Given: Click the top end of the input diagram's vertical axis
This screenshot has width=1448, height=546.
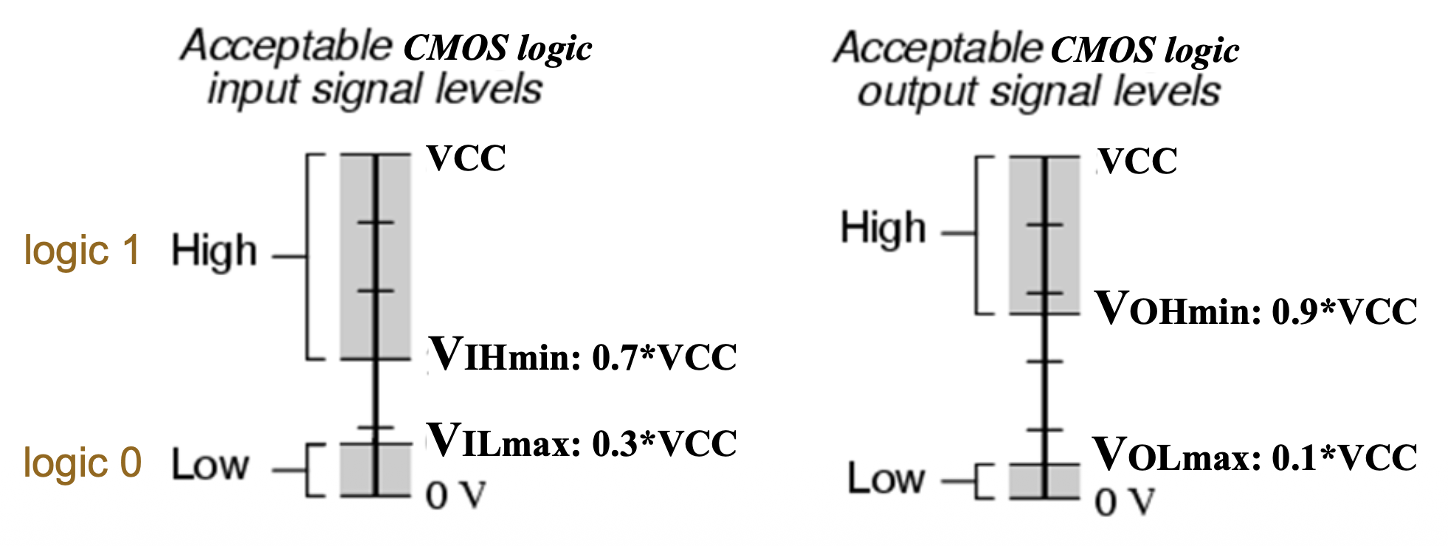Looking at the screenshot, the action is click(375, 154).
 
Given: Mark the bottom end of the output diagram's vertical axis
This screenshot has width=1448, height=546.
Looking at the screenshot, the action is click(1045, 499).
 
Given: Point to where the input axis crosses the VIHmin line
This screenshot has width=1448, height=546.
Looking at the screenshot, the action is click(375, 359).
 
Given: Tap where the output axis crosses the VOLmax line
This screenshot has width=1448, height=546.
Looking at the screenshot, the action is click(1045, 465).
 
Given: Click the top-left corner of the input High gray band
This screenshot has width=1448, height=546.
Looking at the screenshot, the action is click(340, 154).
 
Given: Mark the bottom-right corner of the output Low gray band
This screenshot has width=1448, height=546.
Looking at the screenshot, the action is click(1080, 499).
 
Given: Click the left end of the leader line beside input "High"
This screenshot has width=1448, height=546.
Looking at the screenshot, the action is click(273, 257).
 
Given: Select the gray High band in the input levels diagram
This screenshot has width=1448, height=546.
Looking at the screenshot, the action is click(375, 257).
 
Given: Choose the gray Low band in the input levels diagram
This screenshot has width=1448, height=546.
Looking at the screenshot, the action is click(375, 470).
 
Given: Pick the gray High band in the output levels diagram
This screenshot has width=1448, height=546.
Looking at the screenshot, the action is click(1045, 235).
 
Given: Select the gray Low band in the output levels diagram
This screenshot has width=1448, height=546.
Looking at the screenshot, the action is click(1045, 482).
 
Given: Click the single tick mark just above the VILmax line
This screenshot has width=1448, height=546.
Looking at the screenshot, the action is click(375, 428).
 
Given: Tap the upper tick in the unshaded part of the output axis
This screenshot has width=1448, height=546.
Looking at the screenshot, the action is click(1045, 361).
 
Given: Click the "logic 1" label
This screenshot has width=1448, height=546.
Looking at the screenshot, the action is click(82, 251).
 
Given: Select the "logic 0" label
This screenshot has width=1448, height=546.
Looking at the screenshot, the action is click(83, 463).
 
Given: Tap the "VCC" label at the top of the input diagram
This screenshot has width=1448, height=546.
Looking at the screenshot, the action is click(466, 158).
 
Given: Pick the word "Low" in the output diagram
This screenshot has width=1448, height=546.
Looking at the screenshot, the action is click(886, 478).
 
